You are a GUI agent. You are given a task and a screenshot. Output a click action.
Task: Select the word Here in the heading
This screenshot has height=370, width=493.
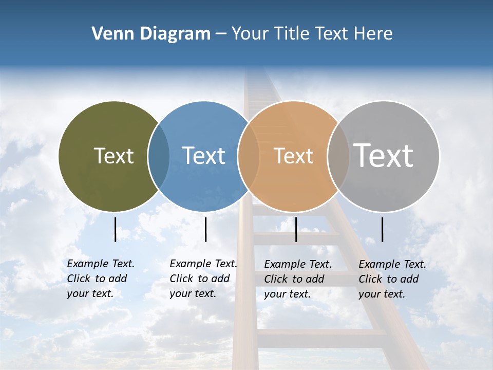(373, 34)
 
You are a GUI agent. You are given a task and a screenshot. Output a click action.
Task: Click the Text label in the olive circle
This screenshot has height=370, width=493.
(113, 156)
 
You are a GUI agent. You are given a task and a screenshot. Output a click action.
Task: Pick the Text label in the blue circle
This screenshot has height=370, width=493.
(203, 156)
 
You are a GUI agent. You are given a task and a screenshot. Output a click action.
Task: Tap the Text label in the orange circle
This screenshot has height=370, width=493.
(293, 156)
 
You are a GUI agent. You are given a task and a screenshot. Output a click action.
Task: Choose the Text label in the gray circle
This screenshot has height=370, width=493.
(384, 156)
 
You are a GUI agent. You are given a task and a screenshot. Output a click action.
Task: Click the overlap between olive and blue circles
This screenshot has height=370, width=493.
(159, 156)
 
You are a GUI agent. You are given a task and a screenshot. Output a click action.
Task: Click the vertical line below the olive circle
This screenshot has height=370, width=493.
(115, 229)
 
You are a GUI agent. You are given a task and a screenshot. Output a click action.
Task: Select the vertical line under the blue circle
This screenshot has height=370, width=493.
(205, 229)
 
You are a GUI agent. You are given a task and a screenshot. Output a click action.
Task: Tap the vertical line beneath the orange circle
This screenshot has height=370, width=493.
(296, 229)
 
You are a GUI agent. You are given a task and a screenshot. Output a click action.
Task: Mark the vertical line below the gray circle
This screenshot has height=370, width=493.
(383, 229)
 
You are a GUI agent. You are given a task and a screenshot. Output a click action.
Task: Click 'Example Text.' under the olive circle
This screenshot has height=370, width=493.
(101, 264)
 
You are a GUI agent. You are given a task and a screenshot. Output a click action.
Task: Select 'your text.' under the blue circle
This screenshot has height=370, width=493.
(193, 294)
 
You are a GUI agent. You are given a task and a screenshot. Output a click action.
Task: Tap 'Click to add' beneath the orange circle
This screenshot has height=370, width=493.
(294, 279)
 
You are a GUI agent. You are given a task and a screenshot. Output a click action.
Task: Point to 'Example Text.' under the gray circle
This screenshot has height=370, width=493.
(392, 264)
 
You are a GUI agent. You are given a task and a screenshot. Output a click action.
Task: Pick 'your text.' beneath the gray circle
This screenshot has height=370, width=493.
(382, 294)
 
